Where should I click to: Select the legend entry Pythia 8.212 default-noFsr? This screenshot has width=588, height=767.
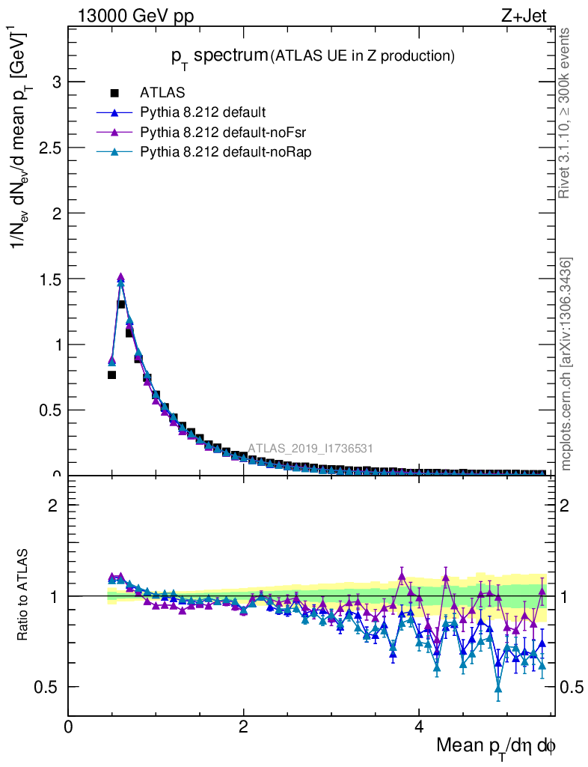(214, 133)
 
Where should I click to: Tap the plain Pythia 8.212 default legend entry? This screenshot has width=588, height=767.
(202, 113)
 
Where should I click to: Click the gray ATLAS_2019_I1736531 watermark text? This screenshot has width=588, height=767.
(310, 449)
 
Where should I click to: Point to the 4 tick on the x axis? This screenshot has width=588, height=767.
(419, 727)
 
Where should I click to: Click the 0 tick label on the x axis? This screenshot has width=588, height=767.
(69, 727)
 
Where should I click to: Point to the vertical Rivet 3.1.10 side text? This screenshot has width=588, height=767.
(565, 112)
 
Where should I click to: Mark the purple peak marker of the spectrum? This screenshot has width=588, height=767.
(120, 277)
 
